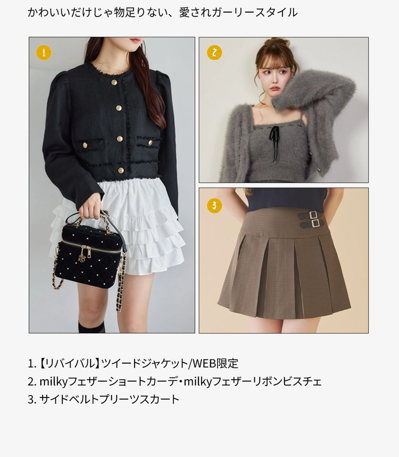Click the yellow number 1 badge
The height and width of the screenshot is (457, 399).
[x=44, y=53]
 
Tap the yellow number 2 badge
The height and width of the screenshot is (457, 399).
[x=214, y=53]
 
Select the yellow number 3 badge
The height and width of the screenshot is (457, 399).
[x=214, y=205]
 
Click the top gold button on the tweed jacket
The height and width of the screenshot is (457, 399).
[x=114, y=83]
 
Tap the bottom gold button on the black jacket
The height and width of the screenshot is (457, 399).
[x=121, y=170]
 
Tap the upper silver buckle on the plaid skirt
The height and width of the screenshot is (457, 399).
[x=313, y=215]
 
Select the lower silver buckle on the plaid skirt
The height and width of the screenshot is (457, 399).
[x=315, y=223]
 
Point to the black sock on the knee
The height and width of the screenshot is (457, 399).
[x=91, y=327]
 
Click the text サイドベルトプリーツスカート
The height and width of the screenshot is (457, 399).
[x=109, y=399]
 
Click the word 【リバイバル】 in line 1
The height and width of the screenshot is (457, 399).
[x=69, y=364]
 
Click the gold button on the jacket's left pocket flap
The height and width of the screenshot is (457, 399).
[x=85, y=145]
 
